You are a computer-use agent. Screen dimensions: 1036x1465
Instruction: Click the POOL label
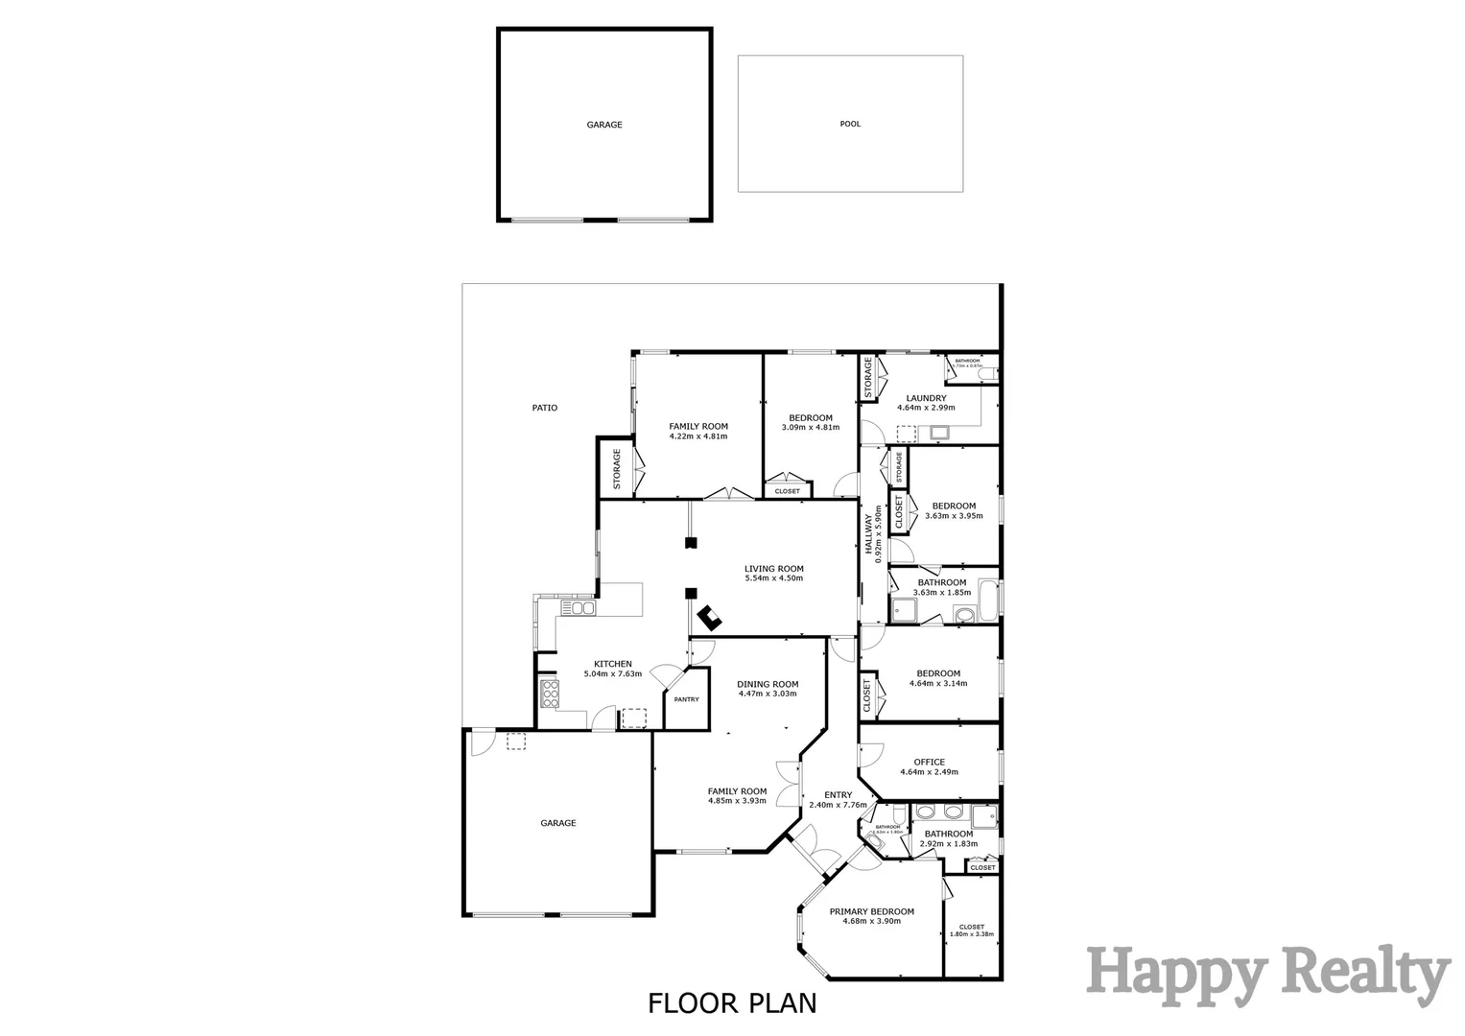coord(850,124)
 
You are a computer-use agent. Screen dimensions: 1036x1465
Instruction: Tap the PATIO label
coord(544,408)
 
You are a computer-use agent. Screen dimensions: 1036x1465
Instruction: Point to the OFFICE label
coord(929,763)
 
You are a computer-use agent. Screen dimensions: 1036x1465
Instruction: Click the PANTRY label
coord(686,699)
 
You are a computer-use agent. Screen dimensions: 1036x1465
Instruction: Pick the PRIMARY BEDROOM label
coord(871,911)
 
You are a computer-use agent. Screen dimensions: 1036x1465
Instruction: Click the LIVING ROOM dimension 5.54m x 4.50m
coord(773,578)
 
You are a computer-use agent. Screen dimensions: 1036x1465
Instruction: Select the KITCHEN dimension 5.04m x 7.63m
coord(612,674)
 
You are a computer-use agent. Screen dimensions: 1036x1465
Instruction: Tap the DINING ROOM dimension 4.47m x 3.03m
coord(768,694)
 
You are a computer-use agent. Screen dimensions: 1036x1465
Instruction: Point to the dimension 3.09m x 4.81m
coord(811,427)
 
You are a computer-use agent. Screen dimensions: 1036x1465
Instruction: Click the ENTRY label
coord(838,794)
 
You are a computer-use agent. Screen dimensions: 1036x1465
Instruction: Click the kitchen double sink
coord(579,608)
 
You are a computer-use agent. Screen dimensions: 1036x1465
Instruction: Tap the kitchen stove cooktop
coord(550,693)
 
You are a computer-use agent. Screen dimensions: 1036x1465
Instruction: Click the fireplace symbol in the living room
coord(710,617)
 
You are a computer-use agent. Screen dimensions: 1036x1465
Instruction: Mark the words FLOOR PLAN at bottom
coord(732,1003)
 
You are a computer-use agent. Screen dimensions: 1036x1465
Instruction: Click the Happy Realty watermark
coord(1266,973)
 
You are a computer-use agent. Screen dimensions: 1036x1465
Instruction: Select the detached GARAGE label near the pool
coord(604,125)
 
